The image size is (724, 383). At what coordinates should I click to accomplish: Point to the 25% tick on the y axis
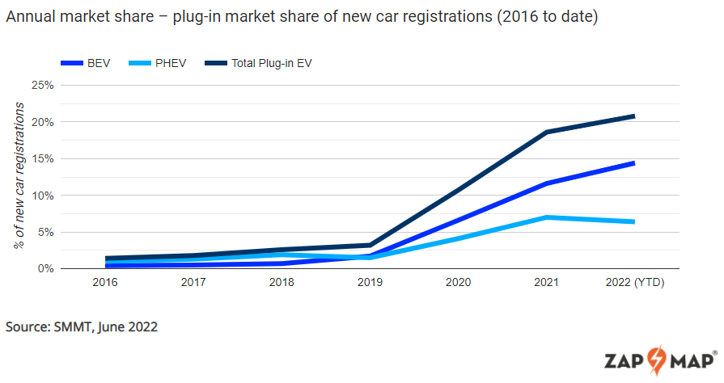point(42,85)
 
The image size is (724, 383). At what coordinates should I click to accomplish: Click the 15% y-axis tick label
point(42,158)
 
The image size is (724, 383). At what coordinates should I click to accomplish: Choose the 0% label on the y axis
point(45,268)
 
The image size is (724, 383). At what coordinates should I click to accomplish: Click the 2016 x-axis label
point(105,283)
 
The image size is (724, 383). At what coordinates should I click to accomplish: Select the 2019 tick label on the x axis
point(370,283)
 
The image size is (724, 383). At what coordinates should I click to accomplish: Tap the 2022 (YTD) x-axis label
point(634,283)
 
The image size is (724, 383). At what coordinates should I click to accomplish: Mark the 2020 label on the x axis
point(458,283)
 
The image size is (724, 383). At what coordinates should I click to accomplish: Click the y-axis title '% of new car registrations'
point(19,175)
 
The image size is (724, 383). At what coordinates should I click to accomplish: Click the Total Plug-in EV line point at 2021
point(547,132)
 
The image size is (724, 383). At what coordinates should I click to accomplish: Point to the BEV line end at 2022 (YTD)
point(633,163)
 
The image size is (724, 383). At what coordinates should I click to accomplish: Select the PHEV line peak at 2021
point(547,217)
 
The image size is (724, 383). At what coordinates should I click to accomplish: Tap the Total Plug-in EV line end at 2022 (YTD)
point(633,116)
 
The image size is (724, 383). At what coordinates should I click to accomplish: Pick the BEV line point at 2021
point(547,183)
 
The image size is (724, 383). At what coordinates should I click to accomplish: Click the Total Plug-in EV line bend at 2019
point(370,245)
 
